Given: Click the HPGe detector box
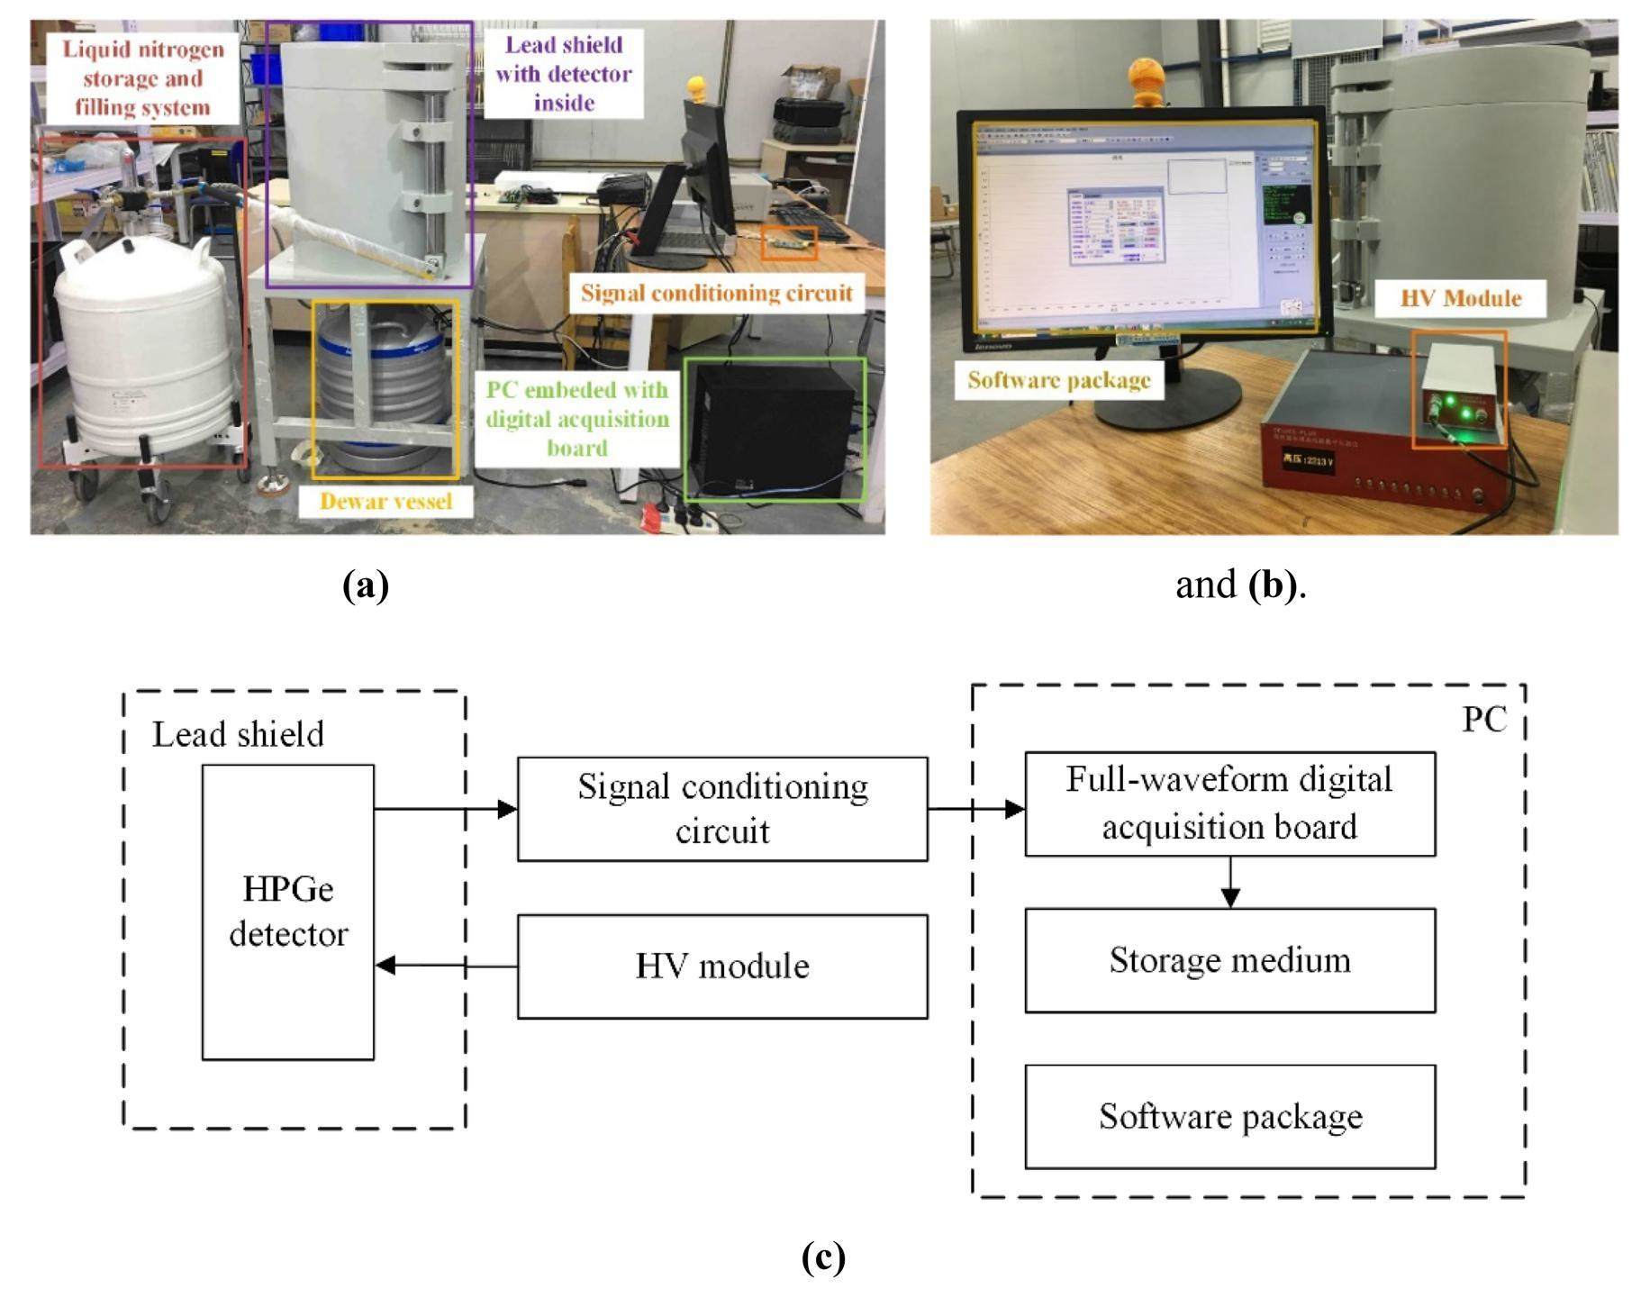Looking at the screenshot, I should click(287, 912).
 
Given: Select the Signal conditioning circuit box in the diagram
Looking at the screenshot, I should click(721, 808).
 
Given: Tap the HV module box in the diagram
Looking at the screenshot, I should click(721, 966).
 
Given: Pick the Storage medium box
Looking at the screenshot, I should click(1229, 959).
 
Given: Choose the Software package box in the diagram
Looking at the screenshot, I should click(1229, 1116).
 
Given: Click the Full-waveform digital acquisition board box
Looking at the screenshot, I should click(1229, 803).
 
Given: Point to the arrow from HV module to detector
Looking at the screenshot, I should click(446, 966).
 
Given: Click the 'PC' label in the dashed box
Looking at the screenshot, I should click(1483, 720).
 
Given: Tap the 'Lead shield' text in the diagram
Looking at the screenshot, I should click(238, 734).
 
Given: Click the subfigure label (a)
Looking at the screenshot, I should click(366, 585).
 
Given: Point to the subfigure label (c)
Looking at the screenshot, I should click(823, 1256).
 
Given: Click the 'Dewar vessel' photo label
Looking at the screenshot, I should click(385, 501).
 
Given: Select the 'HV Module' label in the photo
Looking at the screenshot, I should click(1460, 298).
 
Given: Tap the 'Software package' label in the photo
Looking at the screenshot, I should click(1058, 380).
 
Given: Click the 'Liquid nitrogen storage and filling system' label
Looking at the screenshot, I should click(142, 78).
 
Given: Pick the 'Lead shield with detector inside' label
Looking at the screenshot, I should click(563, 74).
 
